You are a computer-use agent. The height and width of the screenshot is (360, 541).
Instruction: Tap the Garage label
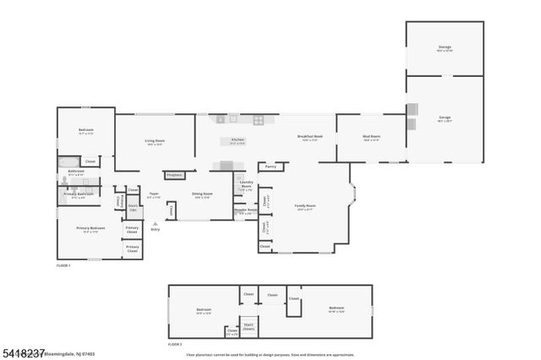click(445, 117)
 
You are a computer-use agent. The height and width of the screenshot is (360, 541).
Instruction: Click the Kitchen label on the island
click(238, 141)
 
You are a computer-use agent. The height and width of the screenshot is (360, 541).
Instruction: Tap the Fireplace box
click(175, 175)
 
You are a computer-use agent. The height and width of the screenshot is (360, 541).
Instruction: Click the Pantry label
click(270, 166)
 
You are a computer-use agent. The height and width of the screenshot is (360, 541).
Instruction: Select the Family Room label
click(304, 206)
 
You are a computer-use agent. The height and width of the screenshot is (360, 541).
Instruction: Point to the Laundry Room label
click(246, 183)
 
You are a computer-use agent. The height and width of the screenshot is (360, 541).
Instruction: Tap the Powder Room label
click(246, 210)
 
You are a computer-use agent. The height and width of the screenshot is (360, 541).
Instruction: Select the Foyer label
click(155, 194)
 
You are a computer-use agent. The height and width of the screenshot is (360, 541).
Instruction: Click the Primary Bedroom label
click(90, 228)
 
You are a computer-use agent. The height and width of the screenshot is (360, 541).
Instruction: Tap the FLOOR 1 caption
click(63, 265)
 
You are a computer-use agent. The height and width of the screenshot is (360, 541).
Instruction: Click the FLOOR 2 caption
click(175, 344)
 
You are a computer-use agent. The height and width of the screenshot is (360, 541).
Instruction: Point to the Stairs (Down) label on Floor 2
click(249, 325)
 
